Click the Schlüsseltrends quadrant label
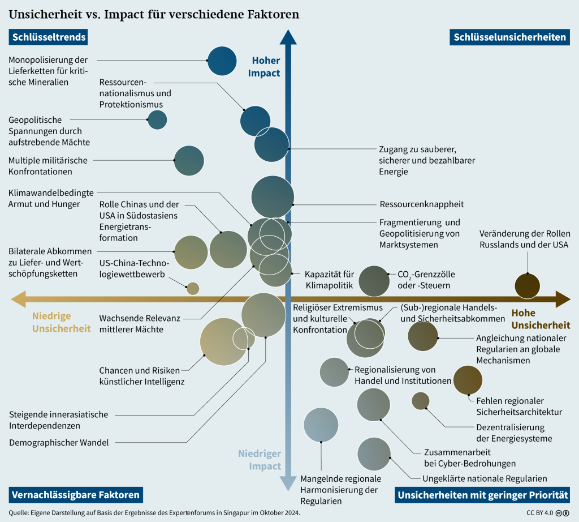[47, 37]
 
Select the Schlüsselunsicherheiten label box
[509, 37]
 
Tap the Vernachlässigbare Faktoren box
[75, 495]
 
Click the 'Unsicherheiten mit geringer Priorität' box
[482, 495]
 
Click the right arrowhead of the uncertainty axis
[562, 299]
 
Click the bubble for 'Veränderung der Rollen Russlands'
[528, 285]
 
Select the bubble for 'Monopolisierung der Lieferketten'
[222, 61]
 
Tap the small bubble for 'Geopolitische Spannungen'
[157, 119]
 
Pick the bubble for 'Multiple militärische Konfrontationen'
[189, 160]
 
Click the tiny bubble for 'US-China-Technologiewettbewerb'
[193, 288]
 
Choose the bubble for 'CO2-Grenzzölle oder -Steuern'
[374, 281]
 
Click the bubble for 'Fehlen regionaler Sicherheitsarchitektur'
[468, 380]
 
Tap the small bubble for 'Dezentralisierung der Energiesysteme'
[420, 400]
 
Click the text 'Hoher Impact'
[266, 67]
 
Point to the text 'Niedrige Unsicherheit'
[61, 322]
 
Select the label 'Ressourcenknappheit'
[421, 204]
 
